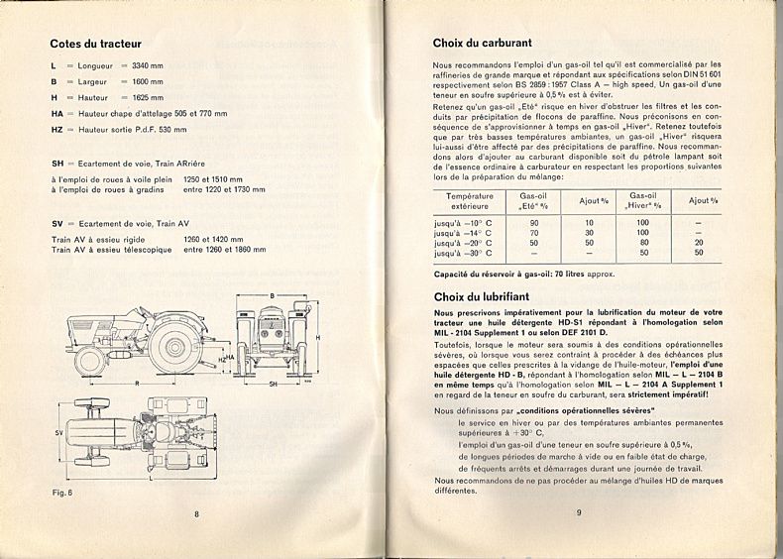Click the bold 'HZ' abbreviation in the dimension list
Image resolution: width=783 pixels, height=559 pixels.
(x=57, y=129)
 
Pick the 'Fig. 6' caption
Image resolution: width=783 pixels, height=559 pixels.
(x=63, y=493)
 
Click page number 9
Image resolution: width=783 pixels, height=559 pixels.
(x=577, y=512)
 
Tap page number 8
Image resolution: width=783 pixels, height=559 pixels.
(x=196, y=512)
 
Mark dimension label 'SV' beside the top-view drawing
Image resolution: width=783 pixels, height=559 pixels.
(x=59, y=433)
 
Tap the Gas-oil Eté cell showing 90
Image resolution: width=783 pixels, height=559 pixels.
(x=534, y=223)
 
